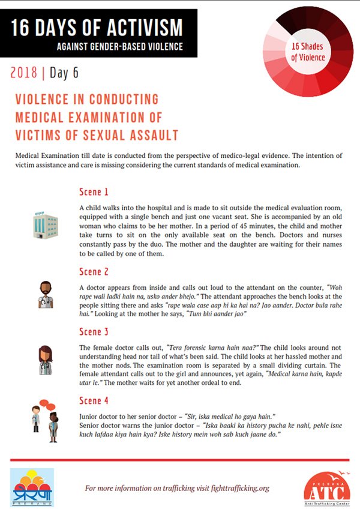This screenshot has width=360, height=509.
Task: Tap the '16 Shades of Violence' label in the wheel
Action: coord(308,52)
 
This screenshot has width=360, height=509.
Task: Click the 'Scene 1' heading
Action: coord(94,192)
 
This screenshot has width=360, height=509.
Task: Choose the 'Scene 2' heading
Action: coord(94,272)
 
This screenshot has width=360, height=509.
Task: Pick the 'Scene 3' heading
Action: coord(94,332)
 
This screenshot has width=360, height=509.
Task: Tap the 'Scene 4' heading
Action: coord(94,400)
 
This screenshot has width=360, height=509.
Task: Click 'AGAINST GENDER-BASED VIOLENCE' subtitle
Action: coord(119,46)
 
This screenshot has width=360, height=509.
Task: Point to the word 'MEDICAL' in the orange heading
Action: coord(41,116)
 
